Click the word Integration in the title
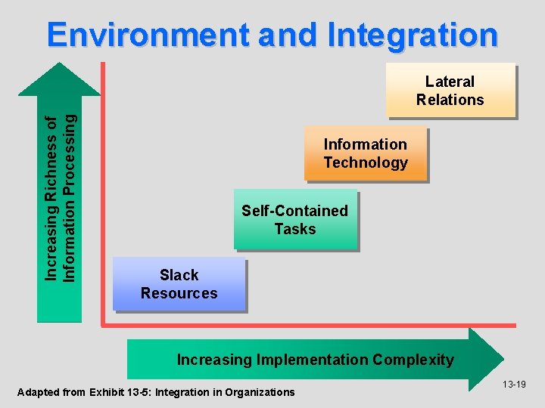click(x=413, y=35)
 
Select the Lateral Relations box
click(x=450, y=91)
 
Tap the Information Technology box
click(x=366, y=153)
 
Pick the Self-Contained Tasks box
click(x=294, y=220)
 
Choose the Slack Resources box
click(x=179, y=284)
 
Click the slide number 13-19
click(x=514, y=385)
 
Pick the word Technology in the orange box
click(x=366, y=162)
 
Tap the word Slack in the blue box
click(x=179, y=275)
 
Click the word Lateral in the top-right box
click(x=450, y=82)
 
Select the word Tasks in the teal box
click(x=294, y=229)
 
